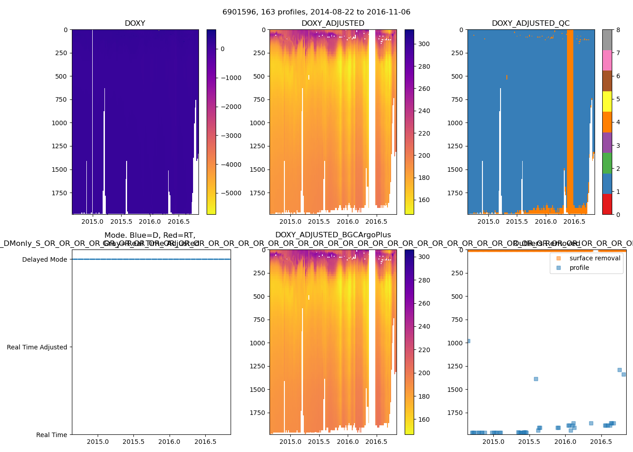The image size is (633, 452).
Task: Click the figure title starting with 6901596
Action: tap(316, 12)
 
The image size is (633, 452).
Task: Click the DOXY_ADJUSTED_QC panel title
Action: tap(530, 24)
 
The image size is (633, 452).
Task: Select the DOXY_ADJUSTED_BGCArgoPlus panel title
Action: tap(333, 235)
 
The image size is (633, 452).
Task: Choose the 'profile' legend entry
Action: tap(579, 268)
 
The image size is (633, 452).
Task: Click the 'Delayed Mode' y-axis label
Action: tap(44, 259)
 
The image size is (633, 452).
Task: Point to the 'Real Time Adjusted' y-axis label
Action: tap(37, 347)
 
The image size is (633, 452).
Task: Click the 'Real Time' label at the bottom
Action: tap(52, 435)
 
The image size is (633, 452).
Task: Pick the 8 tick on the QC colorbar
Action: tap(618, 30)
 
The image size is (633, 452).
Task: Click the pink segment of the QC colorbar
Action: tap(607, 61)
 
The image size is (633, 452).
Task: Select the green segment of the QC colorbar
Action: tap(607, 163)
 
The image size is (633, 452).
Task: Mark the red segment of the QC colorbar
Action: tap(607, 204)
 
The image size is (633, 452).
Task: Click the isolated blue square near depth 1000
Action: tap(468, 341)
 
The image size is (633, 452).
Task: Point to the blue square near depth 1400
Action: tap(536, 379)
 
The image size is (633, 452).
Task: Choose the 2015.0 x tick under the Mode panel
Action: tap(98, 442)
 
